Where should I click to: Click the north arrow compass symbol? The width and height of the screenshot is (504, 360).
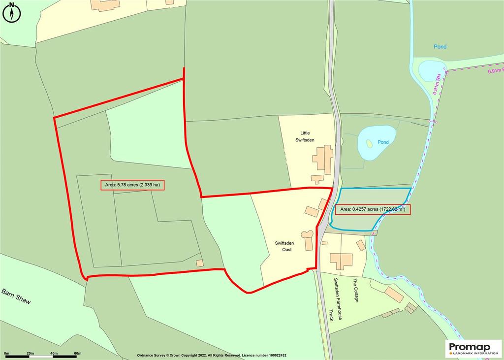[12, 12]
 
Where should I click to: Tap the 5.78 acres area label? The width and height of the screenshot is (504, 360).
[132, 185]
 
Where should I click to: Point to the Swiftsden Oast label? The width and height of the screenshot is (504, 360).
[283, 246]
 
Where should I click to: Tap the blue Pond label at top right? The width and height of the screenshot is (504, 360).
[440, 47]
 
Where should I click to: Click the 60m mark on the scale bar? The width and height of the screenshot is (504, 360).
[77, 354]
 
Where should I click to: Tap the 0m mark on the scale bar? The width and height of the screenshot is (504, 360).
[6, 354]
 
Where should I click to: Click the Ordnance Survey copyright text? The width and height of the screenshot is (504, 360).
[211, 355]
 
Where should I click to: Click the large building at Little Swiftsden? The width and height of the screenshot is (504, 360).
[323, 159]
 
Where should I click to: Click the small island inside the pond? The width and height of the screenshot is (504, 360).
[369, 143]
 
